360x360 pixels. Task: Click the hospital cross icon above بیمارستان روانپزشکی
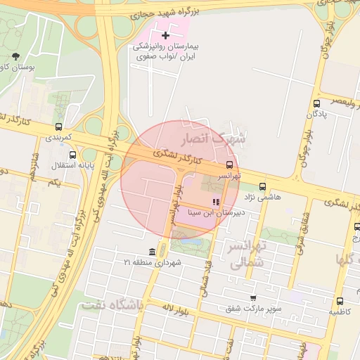coord(166,35)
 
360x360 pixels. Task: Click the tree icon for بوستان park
coord(16,56)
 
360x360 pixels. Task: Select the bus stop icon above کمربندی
coord(58,127)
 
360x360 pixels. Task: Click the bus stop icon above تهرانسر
coord(230,163)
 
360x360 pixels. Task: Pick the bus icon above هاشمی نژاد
coord(262,186)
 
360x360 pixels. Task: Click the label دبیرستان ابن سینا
coord(210,211)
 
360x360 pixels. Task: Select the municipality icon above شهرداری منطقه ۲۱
coord(153,252)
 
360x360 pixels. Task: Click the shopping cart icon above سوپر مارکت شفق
coord(253,298)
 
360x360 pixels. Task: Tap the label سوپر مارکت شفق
coord(254,309)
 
